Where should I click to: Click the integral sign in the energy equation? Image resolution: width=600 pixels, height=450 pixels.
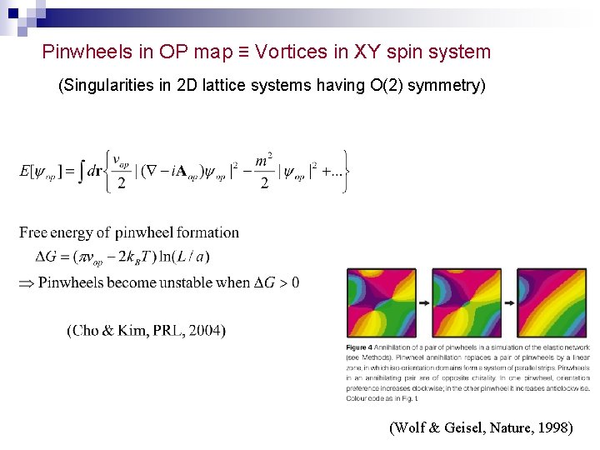[81, 172]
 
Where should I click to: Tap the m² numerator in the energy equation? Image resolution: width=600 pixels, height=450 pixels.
[263, 160]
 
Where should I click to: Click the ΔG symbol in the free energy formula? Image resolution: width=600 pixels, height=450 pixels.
[47, 257]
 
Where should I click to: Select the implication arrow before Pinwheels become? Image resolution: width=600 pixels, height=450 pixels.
[26, 282]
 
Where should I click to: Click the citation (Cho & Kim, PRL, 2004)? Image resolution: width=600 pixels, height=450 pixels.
[146, 331]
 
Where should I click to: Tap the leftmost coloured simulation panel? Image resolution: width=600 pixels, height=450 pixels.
[382, 302]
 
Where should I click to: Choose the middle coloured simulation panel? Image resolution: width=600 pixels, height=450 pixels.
[467, 302]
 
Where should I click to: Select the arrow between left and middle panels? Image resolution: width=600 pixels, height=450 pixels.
[424, 303]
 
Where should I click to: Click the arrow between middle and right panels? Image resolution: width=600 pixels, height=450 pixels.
[510, 303]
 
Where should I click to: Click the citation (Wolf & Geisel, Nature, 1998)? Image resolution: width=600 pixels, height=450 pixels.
[481, 428]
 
